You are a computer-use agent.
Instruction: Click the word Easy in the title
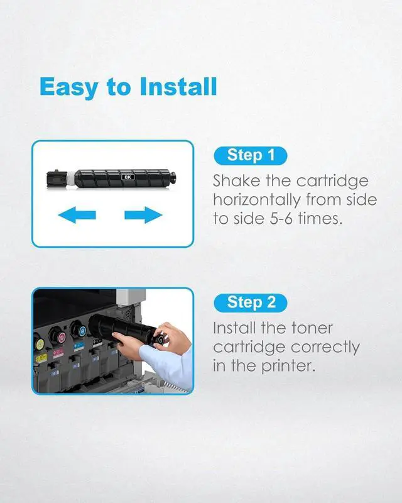(69, 87)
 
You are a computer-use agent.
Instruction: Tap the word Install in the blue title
(178, 86)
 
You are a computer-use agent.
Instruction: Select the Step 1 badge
(251, 155)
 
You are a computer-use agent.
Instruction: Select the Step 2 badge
(251, 302)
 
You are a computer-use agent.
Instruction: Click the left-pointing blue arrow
(77, 214)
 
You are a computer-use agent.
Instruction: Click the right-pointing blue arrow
(143, 214)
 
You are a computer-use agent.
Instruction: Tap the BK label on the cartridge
(128, 177)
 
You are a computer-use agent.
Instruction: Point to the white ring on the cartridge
(70, 179)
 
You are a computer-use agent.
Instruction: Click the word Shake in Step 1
(237, 180)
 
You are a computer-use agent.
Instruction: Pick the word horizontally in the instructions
(257, 200)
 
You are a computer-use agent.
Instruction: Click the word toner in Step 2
(312, 328)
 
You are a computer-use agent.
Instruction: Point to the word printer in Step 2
(288, 367)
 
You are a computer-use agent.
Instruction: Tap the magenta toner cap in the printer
(59, 336)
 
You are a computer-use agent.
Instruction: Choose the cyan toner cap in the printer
(80, 331)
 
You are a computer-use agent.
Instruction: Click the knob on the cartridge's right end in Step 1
(173, 178)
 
